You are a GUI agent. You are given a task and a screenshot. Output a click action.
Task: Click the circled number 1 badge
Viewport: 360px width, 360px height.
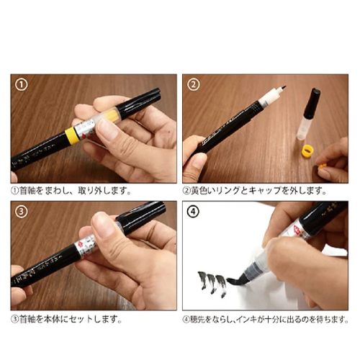tap(21, 85)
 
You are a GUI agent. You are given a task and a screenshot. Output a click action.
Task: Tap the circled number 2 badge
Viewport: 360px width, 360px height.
tap(193, 85)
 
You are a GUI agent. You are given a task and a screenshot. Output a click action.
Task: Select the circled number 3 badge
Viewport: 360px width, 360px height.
tap(21, 212)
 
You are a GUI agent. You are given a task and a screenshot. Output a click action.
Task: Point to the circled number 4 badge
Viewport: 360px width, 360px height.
tap(193, 212)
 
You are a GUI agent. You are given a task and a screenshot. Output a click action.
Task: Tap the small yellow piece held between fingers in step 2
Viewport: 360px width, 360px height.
tap(321, 168)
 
